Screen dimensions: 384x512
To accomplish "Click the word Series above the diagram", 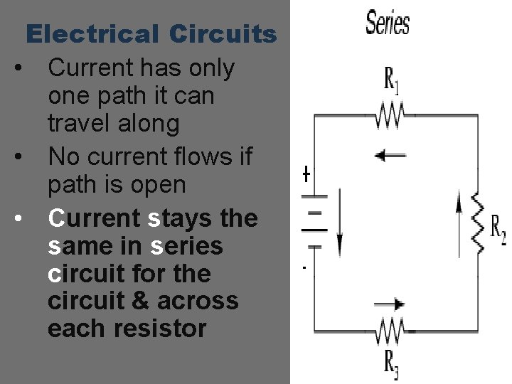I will [x=388, y=23].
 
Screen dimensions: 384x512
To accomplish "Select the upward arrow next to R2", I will [x=457, y=213].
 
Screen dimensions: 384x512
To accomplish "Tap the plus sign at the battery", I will [x=306, y=174].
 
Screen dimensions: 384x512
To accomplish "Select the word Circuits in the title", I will [x=223, y=33].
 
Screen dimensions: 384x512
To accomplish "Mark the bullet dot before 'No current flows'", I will [x=25, y=154].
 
